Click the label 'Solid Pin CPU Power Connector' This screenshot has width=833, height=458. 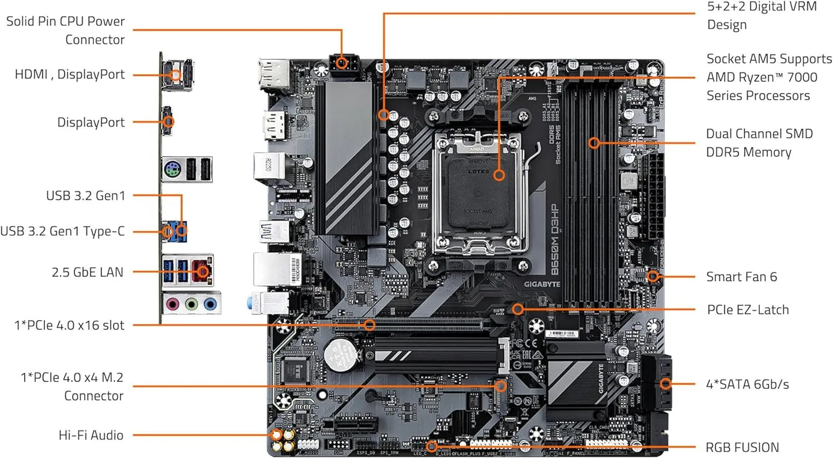pos(65,31)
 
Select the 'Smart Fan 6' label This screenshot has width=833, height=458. pos(741,277)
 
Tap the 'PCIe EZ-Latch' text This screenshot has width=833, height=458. pos(748,310)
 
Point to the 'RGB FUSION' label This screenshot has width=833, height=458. pos(742,448)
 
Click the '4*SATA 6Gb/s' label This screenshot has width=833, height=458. pos(748,384)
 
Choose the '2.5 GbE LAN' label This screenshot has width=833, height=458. pos(87,272)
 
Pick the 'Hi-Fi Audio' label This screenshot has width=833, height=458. pos(91,435)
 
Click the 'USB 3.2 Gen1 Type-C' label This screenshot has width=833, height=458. pos(62,232)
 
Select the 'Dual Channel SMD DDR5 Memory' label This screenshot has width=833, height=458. pos(759,143)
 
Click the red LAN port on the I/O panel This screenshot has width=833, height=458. pos(202,271)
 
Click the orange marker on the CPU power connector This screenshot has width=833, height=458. pos(342,63)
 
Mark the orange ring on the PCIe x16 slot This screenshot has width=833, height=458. pos(370,325)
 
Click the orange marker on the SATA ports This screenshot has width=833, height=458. pos(666,384)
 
